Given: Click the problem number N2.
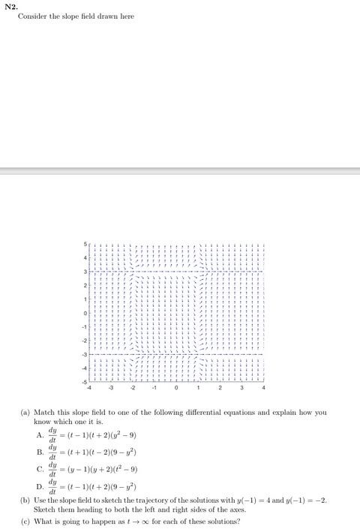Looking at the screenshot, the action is click(x=9, y=6).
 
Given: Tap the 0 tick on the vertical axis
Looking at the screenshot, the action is click(x=85, y=313).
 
